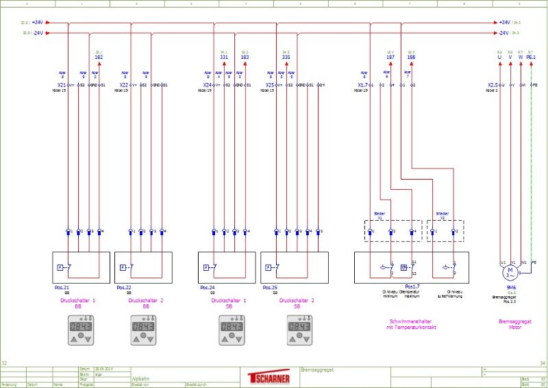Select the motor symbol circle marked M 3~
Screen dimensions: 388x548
coord(510,273)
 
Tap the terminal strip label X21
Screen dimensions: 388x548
coord(62,85)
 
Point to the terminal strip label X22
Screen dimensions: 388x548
coord(124,85)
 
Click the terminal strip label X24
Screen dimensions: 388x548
coord(208,85)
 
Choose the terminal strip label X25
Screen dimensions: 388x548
coord(270,85)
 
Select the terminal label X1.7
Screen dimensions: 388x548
coord(362,85)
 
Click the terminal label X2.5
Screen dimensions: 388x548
coord(493,85)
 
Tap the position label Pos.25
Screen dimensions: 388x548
coord(269,287)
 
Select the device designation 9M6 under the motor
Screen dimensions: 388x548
coord(510,287)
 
